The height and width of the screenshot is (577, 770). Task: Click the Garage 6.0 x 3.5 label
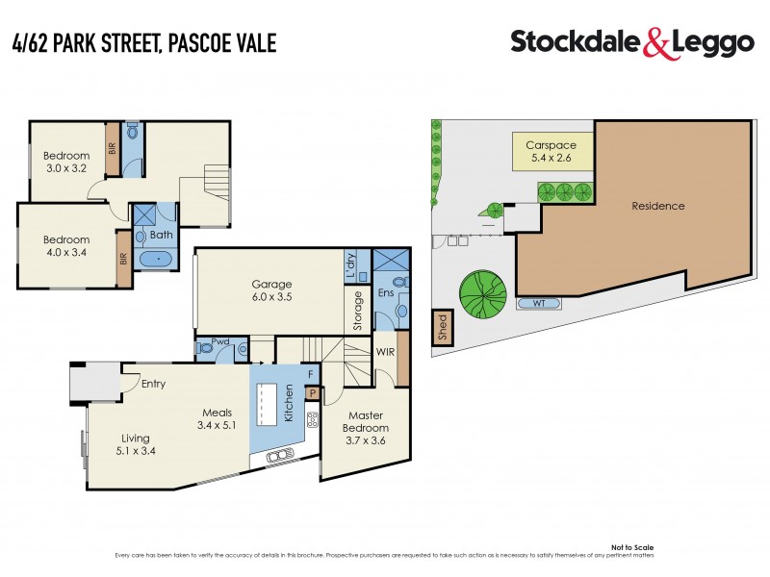click(271, 291)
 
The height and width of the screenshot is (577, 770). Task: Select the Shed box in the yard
click(442, 326)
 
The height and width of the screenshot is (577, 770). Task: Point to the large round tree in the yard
click(483, 292)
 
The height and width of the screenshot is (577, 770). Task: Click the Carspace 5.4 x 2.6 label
click(551, 152)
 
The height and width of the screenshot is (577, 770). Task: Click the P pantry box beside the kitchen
click(312, 391)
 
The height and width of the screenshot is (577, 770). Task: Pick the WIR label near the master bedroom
click(386, 353)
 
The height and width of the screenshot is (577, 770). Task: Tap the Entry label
click(153, 385)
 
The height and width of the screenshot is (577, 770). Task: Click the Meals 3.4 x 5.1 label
click(217, 418)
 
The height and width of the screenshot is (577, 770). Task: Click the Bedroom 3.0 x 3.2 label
click(66, 162)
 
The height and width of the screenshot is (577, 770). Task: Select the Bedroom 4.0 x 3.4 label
click(66, 246)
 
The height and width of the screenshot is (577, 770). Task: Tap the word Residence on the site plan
click(658, 206)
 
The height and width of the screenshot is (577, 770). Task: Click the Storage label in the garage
click(358, 311)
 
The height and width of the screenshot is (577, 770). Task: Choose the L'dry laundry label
click(350, 265)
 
